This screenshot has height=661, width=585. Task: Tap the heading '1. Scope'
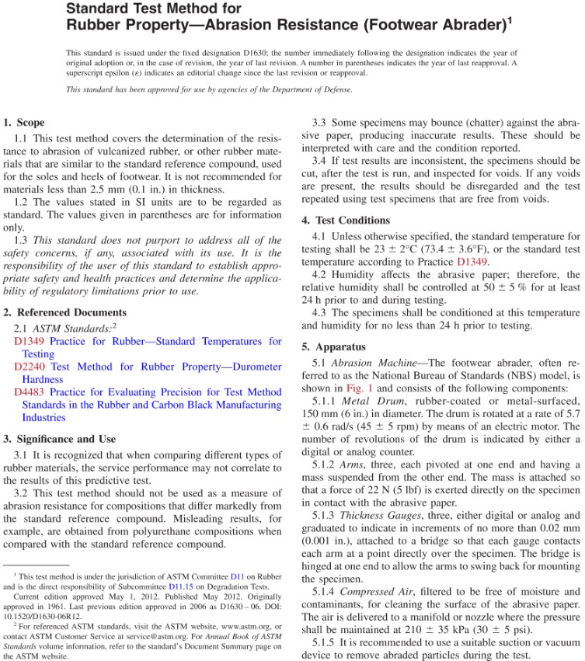(24, 122)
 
